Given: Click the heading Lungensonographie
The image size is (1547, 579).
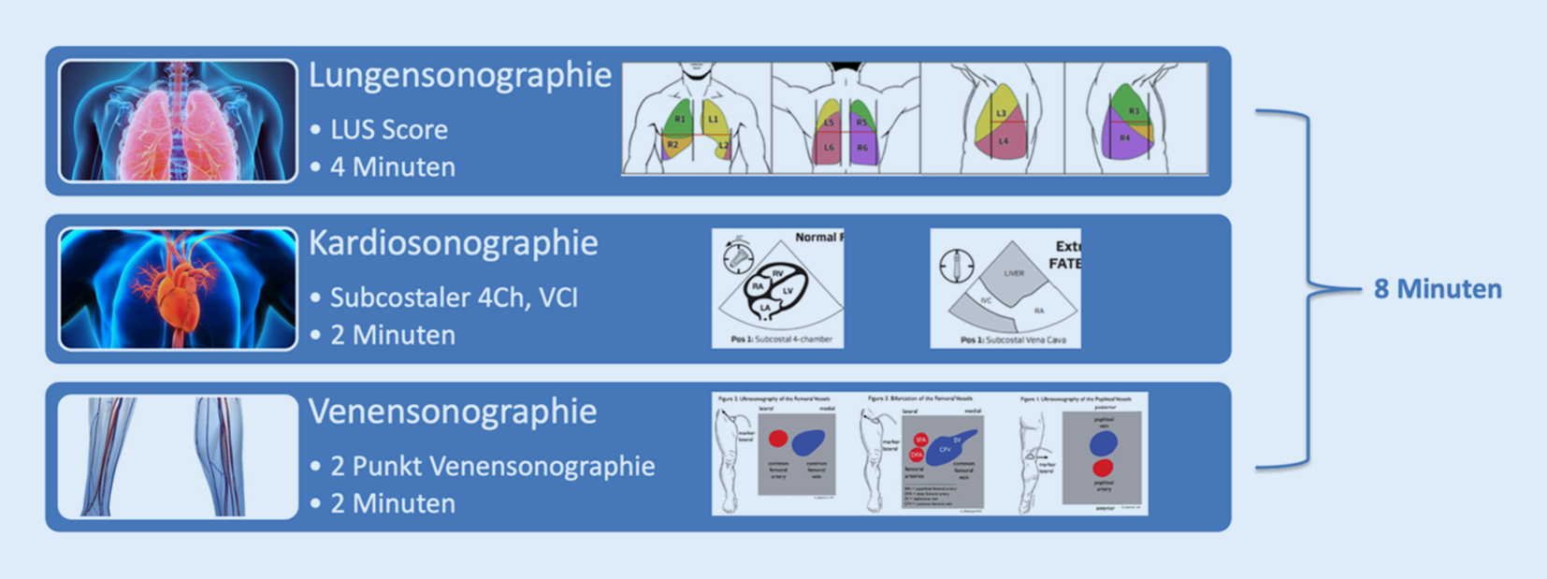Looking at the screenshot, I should click(x=459, y=76).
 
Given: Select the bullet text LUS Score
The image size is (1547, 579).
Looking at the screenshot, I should click(x=388, y=130).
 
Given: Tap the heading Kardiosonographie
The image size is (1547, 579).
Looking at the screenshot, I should click(x=453, y=243).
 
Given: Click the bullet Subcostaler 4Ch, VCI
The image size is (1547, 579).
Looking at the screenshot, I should click(x=454, y=298).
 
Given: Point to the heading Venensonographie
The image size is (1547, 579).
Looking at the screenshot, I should click(x=452, y=412).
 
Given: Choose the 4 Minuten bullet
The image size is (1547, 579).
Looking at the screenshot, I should click(x=392, y=167).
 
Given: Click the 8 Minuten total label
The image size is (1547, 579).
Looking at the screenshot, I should click(x=1437, y=290).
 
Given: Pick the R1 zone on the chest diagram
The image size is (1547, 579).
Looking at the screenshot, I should click(x=680, y=120).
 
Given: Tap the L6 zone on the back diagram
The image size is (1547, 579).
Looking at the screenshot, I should click(x=829, y=148).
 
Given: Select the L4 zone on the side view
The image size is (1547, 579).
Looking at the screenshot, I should click(x=1003, y=142).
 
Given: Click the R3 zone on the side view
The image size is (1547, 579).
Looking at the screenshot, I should click(x=1134, y=111).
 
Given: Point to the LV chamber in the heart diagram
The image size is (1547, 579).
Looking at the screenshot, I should click(x=788, y=291).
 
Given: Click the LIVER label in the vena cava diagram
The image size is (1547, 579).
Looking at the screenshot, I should click(x=1014, y=273).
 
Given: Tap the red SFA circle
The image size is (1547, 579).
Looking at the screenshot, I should click(x=920, y=440).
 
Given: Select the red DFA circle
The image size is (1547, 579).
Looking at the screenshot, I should click(x=916, y=456).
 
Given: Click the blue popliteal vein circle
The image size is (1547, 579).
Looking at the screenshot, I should click(x=1104, y=442).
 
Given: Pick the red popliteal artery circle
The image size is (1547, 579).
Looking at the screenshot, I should click(x=1104, y=468).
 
